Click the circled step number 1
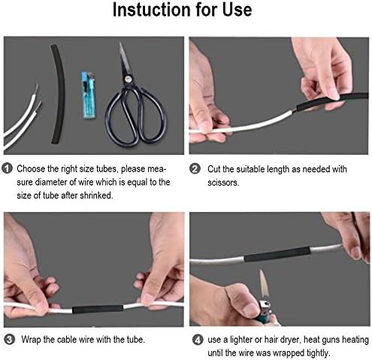8,169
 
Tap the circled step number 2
195,169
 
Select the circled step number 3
8,340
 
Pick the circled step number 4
195,340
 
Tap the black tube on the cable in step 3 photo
95,308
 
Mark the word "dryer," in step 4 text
301,340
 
